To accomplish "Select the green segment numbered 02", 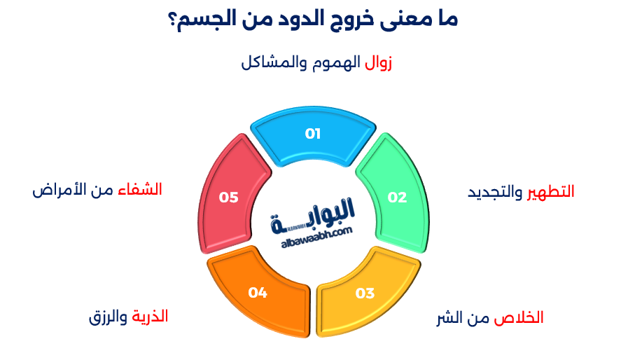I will tap(396, 197).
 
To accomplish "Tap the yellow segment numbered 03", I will tap(365, 293).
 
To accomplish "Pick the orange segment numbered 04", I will tap(258, 293).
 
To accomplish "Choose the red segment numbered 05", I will tap(229, 198).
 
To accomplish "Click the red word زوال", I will tap(378, 62).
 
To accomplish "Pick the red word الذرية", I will tap(150, 316).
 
